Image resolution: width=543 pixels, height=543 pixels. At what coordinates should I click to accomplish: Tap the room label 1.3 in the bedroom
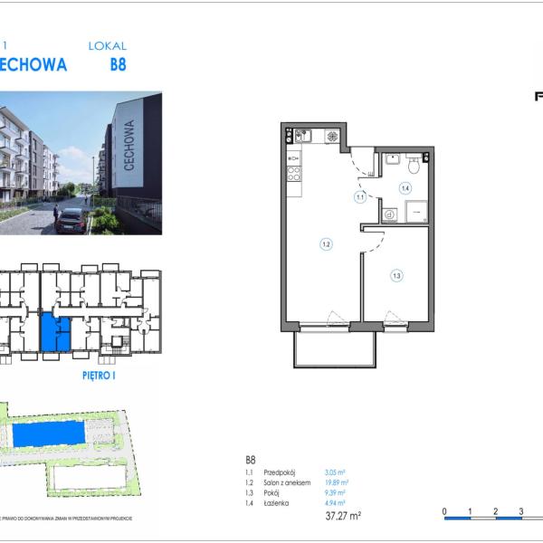point(396,275)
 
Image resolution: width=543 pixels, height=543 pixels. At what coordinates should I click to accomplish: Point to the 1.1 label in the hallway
point(359,196)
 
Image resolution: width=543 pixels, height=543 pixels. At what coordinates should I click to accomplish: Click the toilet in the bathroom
point(413,165)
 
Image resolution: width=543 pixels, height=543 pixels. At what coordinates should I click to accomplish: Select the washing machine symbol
point(390,214)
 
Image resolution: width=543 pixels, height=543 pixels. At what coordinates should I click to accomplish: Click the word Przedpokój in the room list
point(279,472)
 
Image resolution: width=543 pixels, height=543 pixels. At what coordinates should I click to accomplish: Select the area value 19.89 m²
point(336,483)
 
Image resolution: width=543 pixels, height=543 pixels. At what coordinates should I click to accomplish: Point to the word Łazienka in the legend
point(276,503)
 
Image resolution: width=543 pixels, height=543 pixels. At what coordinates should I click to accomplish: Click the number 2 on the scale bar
point(495,511)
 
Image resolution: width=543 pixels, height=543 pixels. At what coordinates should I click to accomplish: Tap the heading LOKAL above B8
point(107,45)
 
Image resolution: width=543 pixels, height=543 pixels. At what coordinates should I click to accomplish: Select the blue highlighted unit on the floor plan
point(55,334)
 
